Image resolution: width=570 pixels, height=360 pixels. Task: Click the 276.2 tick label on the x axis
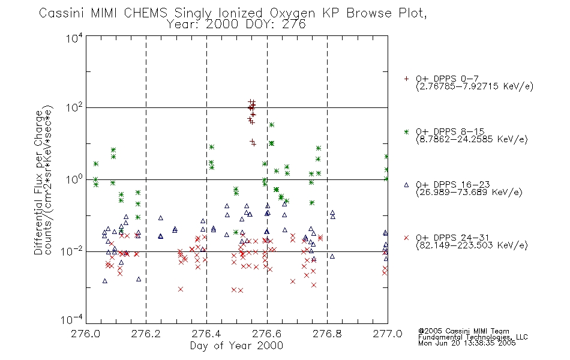click(146, 334)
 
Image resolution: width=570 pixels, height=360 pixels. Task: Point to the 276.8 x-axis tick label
click(327, 334)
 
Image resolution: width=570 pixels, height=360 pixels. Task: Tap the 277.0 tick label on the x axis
click(388, 334)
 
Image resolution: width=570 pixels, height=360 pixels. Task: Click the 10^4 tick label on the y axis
click(74, 38)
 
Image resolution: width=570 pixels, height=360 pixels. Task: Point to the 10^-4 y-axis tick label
click(72, 319)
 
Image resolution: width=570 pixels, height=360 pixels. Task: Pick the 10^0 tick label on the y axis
click(74, 179)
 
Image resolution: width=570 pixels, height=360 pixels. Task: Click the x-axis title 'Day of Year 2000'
click(236, 346)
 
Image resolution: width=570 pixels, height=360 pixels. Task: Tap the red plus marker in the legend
click(406, 79)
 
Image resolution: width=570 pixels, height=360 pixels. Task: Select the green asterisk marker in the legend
click(406, 131)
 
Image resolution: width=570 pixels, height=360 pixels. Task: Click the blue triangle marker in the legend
click(406, 185)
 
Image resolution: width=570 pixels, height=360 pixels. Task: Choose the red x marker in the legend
click(406, 238)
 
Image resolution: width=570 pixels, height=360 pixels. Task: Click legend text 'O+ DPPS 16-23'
click(453, 185)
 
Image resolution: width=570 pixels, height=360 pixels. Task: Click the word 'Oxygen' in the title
click(292, 13)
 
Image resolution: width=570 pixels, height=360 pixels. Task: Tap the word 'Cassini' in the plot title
click(61, 13)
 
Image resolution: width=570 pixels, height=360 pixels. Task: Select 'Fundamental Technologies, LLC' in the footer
click(473, 337)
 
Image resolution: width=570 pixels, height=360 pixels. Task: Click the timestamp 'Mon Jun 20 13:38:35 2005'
click(467, 343)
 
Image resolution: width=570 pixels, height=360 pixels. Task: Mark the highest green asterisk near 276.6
click(272, 125)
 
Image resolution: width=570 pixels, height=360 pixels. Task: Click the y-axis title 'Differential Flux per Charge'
click(38, 182)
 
